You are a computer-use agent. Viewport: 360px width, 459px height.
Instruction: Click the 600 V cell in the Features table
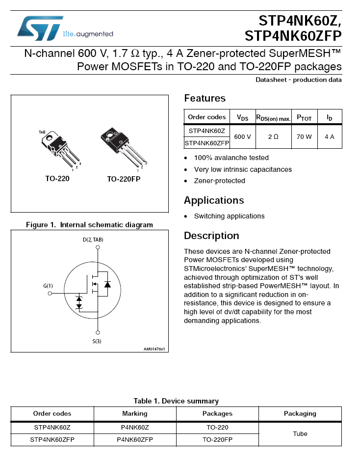[242, 136]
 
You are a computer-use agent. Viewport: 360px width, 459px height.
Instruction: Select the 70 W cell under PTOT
[304, 136]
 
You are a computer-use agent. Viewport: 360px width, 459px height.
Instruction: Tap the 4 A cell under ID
[329, 136]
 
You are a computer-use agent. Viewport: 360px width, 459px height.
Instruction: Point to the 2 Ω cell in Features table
[273, 136]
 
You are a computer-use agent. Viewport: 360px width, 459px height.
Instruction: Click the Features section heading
[205, 98]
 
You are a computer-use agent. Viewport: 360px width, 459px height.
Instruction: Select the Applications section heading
[213, 200]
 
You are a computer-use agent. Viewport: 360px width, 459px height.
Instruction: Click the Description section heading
[211, 236]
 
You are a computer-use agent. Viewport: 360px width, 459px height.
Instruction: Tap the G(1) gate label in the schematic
[48, 286]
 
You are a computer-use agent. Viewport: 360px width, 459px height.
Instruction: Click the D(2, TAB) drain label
[93, 240]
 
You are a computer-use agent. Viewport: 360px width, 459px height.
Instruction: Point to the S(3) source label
[97, 341]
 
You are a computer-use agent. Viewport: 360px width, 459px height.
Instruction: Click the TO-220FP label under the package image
[124, 179]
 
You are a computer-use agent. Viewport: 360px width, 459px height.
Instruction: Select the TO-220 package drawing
[61, 149]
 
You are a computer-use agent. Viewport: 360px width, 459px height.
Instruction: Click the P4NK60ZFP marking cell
[134, 440]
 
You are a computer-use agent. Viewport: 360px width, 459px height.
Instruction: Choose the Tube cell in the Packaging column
[300, 433]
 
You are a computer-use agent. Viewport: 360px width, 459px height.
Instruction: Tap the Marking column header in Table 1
[134, 413]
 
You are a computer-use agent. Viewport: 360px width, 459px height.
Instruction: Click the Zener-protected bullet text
[219, 181]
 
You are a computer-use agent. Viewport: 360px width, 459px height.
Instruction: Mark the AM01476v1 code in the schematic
[154, 349]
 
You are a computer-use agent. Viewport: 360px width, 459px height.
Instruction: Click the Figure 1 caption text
[89, 225]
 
